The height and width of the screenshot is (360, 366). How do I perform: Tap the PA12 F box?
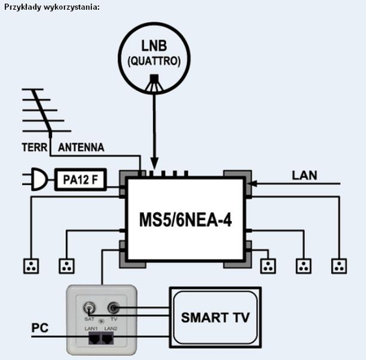[x=84, y=180]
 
